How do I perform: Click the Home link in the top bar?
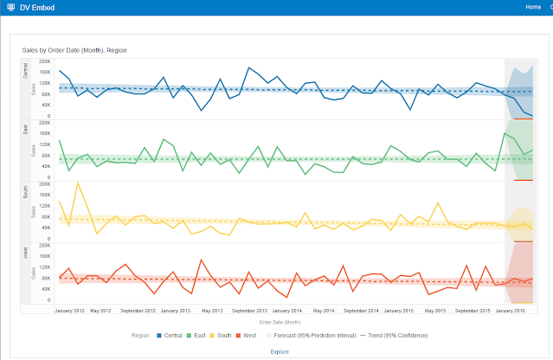click(532, 7)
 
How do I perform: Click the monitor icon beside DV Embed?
click(10, 7)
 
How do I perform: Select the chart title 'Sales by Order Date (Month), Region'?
click(74, 50)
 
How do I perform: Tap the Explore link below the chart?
click(280, 351)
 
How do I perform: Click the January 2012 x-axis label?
click(68, 310)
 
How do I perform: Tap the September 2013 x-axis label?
click(249, 310)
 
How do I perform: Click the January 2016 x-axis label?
click(511, 310)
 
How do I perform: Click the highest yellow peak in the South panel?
click(79, 183)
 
